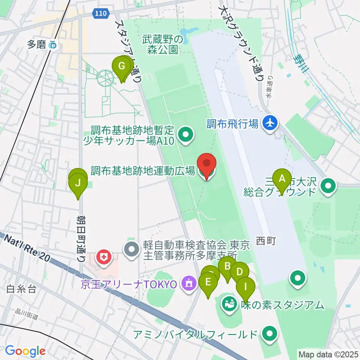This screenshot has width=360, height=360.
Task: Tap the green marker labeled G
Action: click(x=121, y=67)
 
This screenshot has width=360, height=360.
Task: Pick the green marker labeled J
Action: click(x=78, y=184)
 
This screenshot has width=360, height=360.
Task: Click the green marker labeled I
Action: click(x=246, y=287)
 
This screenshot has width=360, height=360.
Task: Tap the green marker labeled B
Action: click(x=227, y=267)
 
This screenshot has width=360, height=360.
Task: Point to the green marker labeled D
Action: click(x=240, y=271)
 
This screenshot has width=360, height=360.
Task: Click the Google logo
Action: click(x=25, y=351)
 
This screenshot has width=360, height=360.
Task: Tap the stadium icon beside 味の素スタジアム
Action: click(x=228, y=302)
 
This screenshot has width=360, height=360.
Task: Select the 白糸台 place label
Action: click(x=21, y=289)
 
